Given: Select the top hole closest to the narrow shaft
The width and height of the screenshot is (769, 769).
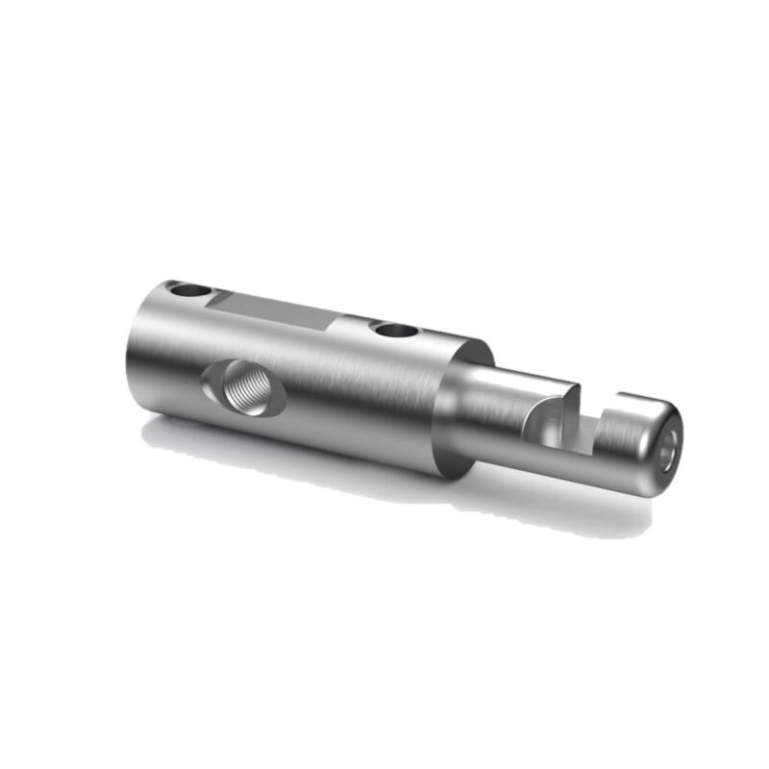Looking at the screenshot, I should click(395, 331).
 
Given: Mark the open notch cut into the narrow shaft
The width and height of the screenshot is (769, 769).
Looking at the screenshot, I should click(588, 423).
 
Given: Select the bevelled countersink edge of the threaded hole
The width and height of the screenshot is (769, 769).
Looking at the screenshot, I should click(213, 389).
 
